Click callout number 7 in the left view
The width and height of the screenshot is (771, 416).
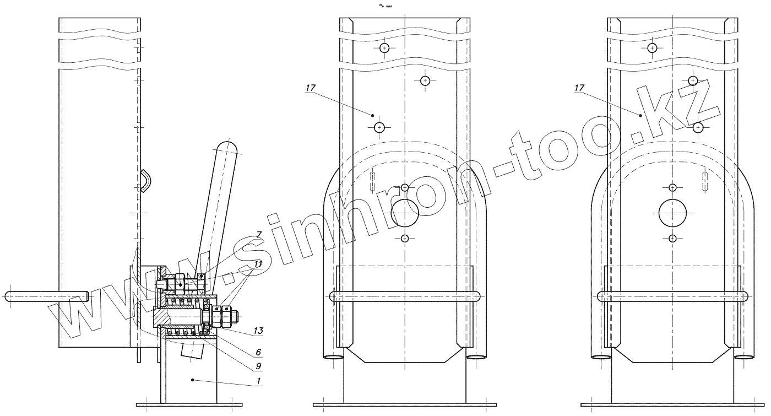(259, 235)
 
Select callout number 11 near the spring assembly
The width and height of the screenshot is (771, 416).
(258, 264)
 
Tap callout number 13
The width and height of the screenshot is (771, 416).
(258, 331)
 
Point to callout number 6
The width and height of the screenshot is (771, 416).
(258, 352)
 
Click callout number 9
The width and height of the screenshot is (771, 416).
(258, 366)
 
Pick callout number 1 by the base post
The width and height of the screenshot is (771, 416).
(258, 381)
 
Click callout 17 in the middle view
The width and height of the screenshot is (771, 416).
(311, 88)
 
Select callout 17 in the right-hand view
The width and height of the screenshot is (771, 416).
(579, 88)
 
